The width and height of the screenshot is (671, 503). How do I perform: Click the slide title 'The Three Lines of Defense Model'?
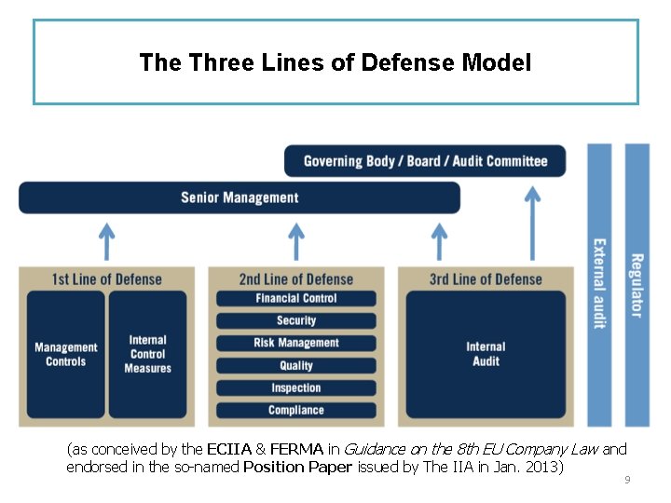pos(335,63)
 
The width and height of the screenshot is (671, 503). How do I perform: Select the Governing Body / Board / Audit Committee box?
pos(425,161)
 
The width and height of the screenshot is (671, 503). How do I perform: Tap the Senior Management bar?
pos(240,197)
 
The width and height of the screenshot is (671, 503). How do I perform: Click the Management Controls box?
pos(66,354)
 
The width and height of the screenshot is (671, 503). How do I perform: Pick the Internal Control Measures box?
pos(148,354)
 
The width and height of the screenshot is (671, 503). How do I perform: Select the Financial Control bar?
pos(296,298)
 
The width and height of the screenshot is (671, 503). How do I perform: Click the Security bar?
pos(296,320)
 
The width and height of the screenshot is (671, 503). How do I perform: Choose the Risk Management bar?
pos(296,343)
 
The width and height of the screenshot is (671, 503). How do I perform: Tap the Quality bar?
pos(296,365)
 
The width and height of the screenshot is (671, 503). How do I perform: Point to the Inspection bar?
pos(296,387)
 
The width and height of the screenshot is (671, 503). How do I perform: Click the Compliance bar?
pos(296,410)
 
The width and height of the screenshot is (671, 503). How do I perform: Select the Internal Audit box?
pos(486,354)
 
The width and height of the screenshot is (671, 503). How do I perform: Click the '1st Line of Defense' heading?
pos(106,279)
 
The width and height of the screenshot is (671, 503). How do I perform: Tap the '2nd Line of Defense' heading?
pos(296,279)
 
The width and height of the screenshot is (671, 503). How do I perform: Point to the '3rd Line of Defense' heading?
pos(486,279)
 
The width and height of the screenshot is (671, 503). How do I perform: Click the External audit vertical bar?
pos(599,284)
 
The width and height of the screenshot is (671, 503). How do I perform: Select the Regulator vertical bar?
pos(637,284)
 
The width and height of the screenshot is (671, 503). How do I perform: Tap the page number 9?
pos(627,479)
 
